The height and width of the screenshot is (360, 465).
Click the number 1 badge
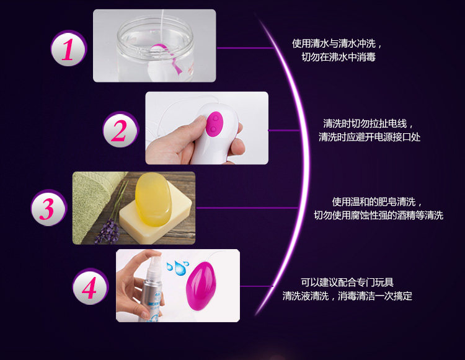click(68, 48)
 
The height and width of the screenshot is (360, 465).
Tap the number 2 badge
click(120, 130)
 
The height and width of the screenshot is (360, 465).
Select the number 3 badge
click(48, 208)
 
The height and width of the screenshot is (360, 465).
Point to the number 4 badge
click(91, 286)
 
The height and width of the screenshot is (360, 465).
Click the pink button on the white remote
click(215, 124)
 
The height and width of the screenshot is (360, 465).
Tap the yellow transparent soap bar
click(153, 199)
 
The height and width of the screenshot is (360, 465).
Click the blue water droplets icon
click(178, 268)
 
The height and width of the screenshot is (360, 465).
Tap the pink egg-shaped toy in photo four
click(201, 286)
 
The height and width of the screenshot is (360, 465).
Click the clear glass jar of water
click(155, 48)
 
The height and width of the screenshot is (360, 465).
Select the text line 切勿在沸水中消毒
click(339, 57)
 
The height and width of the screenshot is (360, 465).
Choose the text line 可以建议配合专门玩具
click(347, 282)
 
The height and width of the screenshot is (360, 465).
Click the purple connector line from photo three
click(247, 208)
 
